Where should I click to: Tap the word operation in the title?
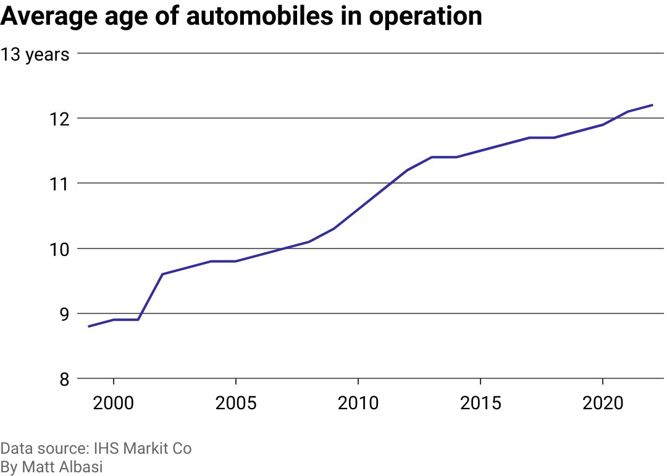point(426,17)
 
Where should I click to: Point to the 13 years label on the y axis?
point(35,54)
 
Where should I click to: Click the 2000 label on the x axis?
point(114,404)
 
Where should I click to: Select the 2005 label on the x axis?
point(235,404)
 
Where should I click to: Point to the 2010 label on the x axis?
point(358,404)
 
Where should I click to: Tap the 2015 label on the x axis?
point(480,404)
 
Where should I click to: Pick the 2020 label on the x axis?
point(602,404)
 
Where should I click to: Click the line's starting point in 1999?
point(89,326)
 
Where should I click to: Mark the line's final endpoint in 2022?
point(652,105)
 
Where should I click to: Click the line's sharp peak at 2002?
point(162,274)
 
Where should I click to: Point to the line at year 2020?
point(603,124)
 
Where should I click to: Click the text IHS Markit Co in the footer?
point(143,448)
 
